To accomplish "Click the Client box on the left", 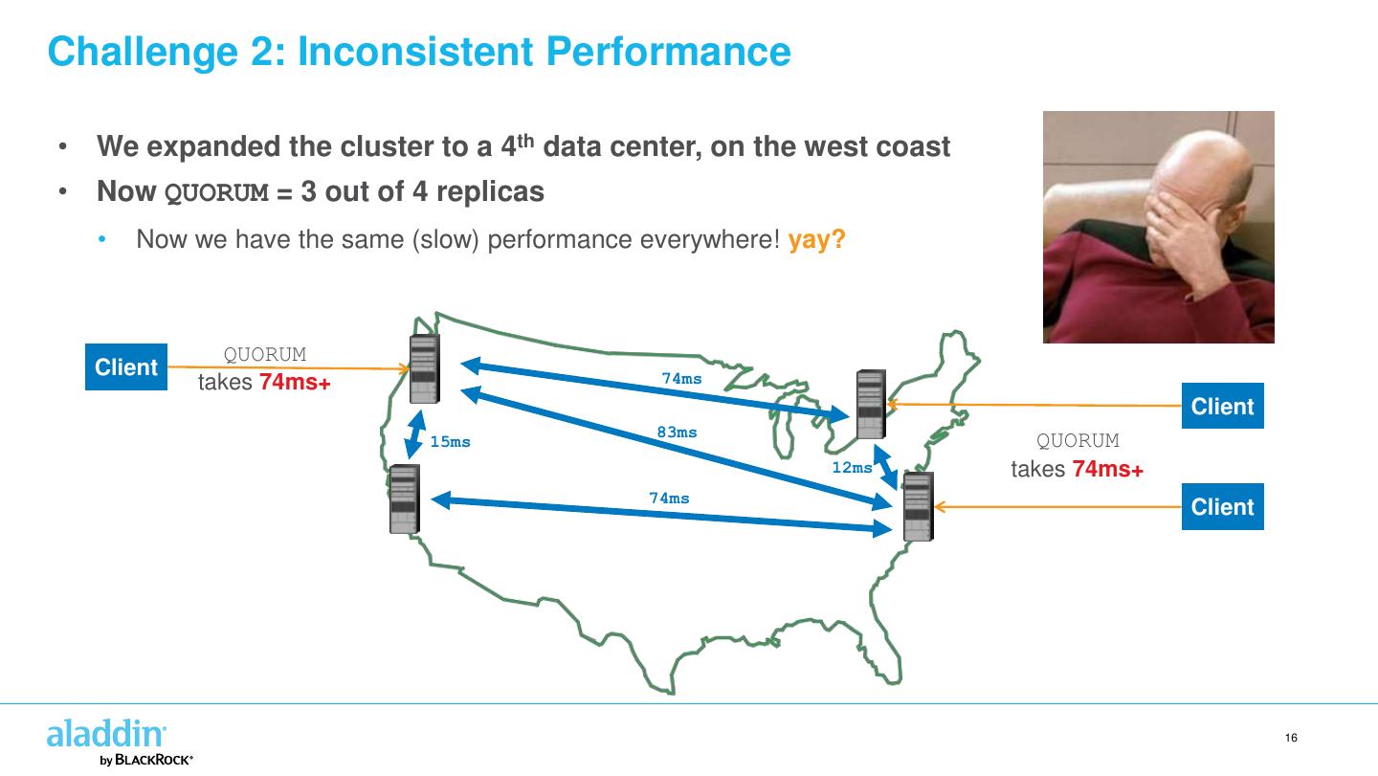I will point(126,367).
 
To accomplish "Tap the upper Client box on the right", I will point(1222,407).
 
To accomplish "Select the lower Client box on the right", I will point(1222,507).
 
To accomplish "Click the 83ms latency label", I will point(677,432).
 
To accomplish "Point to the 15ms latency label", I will point(450,442).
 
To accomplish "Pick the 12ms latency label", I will point(852,468).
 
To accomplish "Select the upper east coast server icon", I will point(871,405).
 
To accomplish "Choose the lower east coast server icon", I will point(918,506).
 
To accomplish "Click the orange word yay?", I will point(816,239).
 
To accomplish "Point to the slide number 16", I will point(1291,738).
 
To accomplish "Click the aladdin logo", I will point(106,735).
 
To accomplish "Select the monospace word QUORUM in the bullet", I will point(214,192).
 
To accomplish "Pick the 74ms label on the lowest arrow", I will point(669,498).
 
